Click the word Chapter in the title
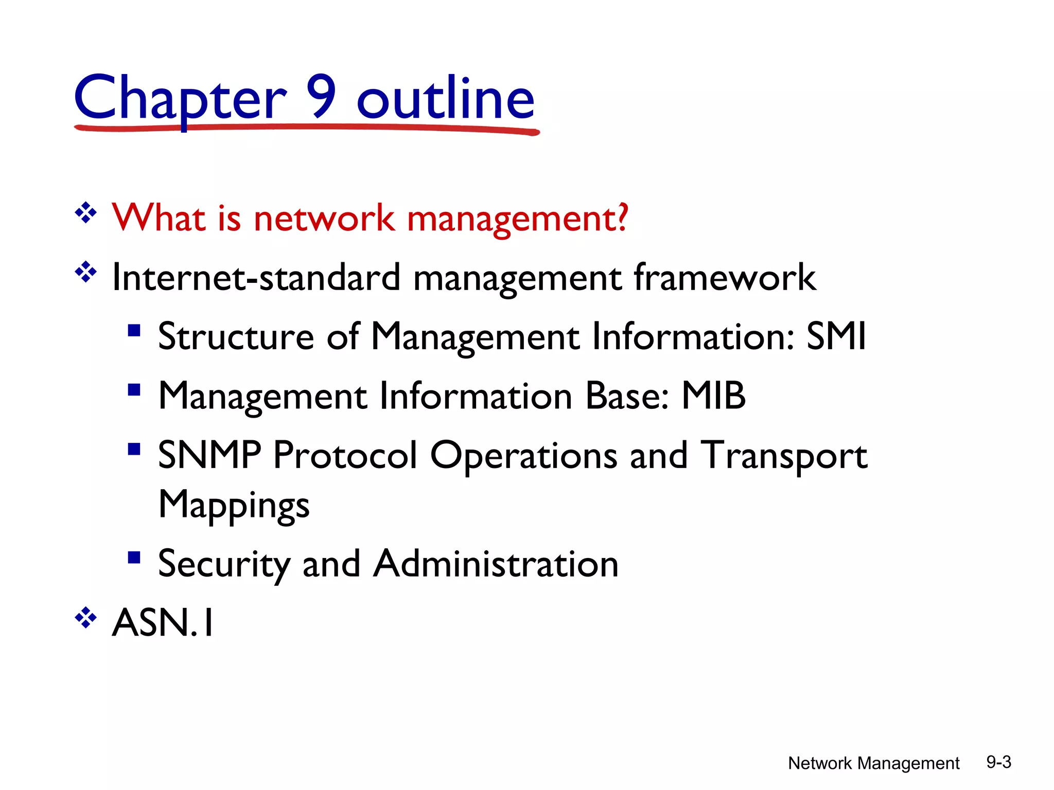[x=180, y=98]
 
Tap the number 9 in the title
[x=322, y=96]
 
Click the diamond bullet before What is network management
[x=86, y=212]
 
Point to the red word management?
[x=517, y=219]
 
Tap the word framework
[x=725, y=278]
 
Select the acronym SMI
[x=836, y=336]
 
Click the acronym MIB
[x=713, y=396]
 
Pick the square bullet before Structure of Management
[x=134, y=330]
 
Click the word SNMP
[x=209, y=455]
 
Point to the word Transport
[x=784, y=455]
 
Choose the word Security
[x=224, y=564]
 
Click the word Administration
[x=496, y=564]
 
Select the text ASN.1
[x=163, y=623]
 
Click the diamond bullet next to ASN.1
[x=86, y=618]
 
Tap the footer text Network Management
[x=873, y=763]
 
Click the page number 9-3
[x=998, y=762]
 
